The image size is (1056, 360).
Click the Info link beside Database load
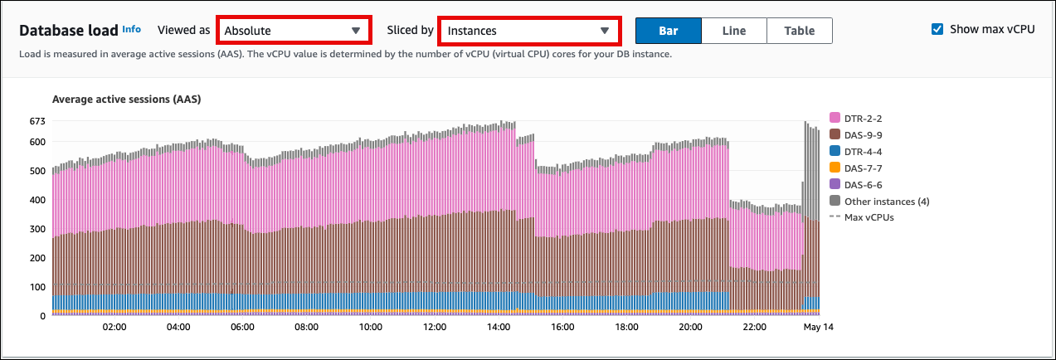click(x=131, y=29)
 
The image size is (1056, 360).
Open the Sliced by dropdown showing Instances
click(x=528, y=31)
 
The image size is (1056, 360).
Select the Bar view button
click(x=668, y=31)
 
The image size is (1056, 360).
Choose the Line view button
click(x=733, y=31)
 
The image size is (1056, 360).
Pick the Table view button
click(x=799, y=31)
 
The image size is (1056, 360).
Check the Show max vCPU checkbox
click(x=937, y=29)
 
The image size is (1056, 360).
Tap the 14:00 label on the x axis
click(x=498, y=328)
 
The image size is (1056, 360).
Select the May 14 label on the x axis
click(x=817, y=328)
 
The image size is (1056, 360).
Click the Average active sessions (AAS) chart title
click(x=127, y=100)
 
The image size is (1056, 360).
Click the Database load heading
click(x=68, y=31)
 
